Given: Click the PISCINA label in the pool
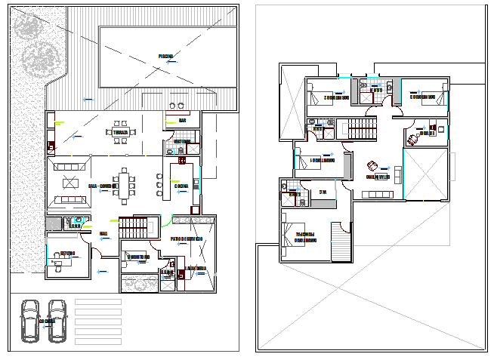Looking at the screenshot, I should pos(165,56).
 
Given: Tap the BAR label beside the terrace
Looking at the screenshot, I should pos(183,120).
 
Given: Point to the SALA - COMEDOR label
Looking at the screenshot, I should pos(102,185).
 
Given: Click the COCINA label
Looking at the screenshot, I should pos(181,186).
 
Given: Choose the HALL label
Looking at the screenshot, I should pos(103,233).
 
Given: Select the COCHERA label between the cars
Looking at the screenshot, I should pos(47,321).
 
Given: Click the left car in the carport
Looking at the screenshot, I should pos(31,321).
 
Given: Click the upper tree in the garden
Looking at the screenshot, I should pos(31,26).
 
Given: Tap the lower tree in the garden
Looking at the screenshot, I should pos(39,57).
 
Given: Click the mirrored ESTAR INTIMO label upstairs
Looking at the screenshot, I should pos(378,177).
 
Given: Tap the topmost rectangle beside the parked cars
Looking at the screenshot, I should pos(98,302).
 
